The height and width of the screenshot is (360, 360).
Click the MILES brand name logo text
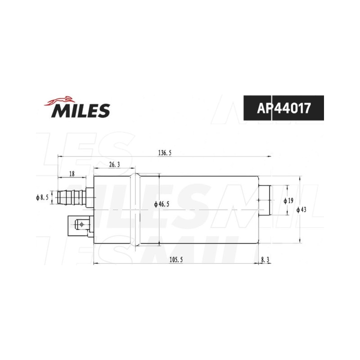(81, 110)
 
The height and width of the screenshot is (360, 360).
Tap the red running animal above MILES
(60, 101)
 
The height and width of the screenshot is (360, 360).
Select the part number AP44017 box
(283, 108)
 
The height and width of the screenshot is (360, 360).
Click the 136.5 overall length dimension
(165, 153)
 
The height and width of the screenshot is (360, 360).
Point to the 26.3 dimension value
(115, 165)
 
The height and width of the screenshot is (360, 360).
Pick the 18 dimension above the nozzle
(72, 174)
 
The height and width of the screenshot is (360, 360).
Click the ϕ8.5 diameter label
(42, 198)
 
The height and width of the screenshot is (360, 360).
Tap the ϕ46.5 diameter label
(162, 204)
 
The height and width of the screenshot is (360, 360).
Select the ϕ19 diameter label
(288, 201)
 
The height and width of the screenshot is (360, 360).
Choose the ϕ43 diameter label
(301, 210)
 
